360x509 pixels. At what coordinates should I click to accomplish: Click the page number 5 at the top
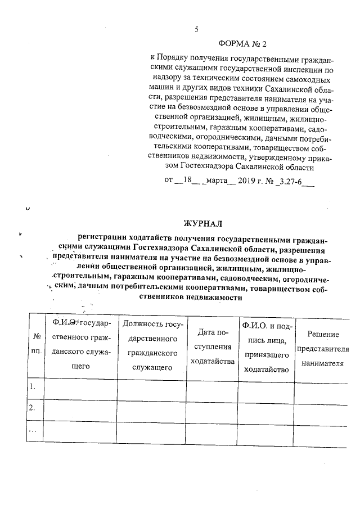pos(196,29)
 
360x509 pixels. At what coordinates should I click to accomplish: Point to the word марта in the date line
pos(219,181)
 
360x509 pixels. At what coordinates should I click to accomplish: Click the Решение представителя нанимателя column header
pos(323,349)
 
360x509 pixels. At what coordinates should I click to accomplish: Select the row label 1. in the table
pos(33,387)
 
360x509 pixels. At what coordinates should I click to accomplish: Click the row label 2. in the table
pos(33,408)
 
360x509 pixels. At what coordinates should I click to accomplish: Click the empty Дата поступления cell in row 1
pos(212,388)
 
